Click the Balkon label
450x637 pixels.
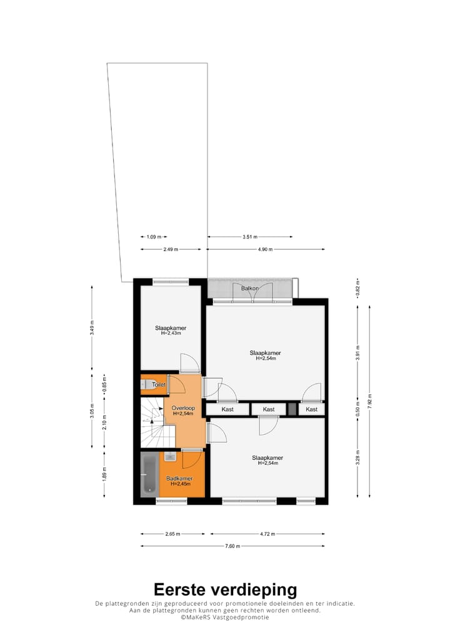click(x=250, y=288)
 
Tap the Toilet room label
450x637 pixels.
click(x=159, y=384)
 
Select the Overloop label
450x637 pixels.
click(x=184, y=408)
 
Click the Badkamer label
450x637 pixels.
click(x=179, y=479)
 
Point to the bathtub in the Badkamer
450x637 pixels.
click(x=150, y=475)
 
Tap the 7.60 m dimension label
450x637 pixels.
click(x=232, y=546)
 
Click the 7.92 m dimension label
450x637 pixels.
click(x=370, y=400)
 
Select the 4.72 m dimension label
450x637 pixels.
click(x=267, y=534)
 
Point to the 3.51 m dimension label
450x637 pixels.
click(x=250, y=237)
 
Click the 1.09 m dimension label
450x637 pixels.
click(x=154, y=237)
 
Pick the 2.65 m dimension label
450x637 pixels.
click(x=172, y=534)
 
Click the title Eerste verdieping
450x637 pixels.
click(x=225, y=589)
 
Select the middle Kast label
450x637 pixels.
click(x=268, y=409)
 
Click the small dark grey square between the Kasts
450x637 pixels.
click(x=292, y=409)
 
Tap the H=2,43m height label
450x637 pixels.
click(x=171, y=333)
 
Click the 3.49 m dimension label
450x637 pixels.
click(x=92, y=329)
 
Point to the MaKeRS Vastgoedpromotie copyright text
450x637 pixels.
click(x=225, y=617)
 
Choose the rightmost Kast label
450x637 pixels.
click(x=311, y=409)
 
